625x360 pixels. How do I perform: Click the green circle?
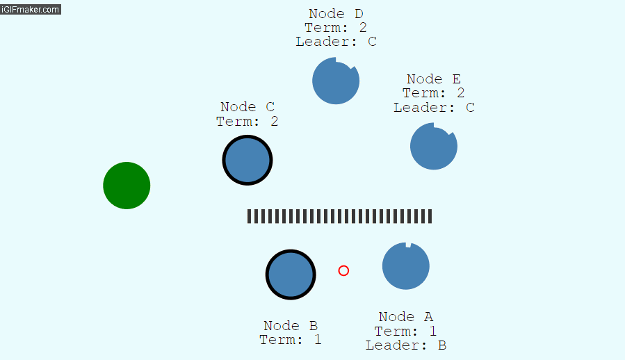click(127, 186)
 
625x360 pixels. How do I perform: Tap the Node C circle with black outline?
click(247, 161)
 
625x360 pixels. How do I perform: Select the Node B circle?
click(291, 275)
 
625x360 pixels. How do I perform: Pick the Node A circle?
click(406, 266)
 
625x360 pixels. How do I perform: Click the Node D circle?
click(336, 81)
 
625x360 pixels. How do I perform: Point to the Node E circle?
click(433, 147)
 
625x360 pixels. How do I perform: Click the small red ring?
click(343, 270)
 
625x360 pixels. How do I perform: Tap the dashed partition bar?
click(339, 216)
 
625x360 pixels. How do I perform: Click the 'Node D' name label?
click(336, 14)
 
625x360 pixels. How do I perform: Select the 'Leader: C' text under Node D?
click(336, 42)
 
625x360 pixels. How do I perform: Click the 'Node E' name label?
click(434, 79)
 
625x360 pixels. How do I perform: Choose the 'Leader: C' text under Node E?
click(434, 108)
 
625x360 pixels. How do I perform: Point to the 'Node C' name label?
click(247, 107)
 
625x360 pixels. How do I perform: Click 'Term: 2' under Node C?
click(247, 122)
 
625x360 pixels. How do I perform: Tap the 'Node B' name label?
click(291, 326)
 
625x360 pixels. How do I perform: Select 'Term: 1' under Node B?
click(291, 340)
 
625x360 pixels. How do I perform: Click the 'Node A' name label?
click(406, 317)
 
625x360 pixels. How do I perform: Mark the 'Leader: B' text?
click(406, 345)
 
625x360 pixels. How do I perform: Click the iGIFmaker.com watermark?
click(31, 9)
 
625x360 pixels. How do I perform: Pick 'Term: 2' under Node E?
click(434, 93)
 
